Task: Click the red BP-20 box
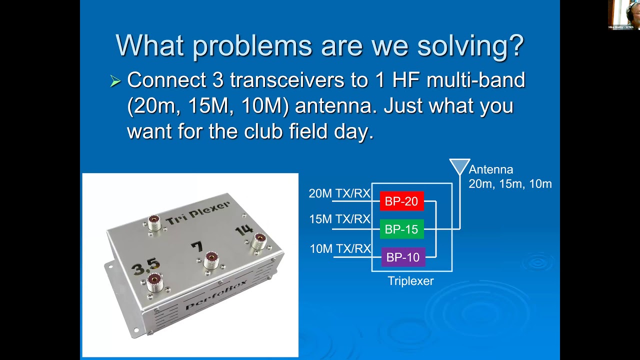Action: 401,201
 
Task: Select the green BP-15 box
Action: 401,229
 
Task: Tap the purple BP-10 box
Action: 403,257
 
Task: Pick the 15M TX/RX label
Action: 339,219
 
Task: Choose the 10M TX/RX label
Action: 340,248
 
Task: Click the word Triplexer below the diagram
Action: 410,281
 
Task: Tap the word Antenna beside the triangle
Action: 490,170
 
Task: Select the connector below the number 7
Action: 211,258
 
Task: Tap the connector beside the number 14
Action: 258,241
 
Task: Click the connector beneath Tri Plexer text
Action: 154,222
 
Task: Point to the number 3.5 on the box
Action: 145,265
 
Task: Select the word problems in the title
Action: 251,46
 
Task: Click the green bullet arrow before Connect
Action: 115,81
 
